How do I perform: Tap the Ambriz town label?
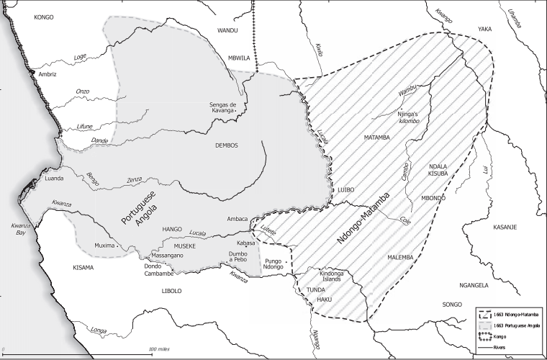coord(47,74)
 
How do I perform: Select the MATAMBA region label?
coord(376,137)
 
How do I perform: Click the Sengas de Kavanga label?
coord(218,107)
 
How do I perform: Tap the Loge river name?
coord(80,56)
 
